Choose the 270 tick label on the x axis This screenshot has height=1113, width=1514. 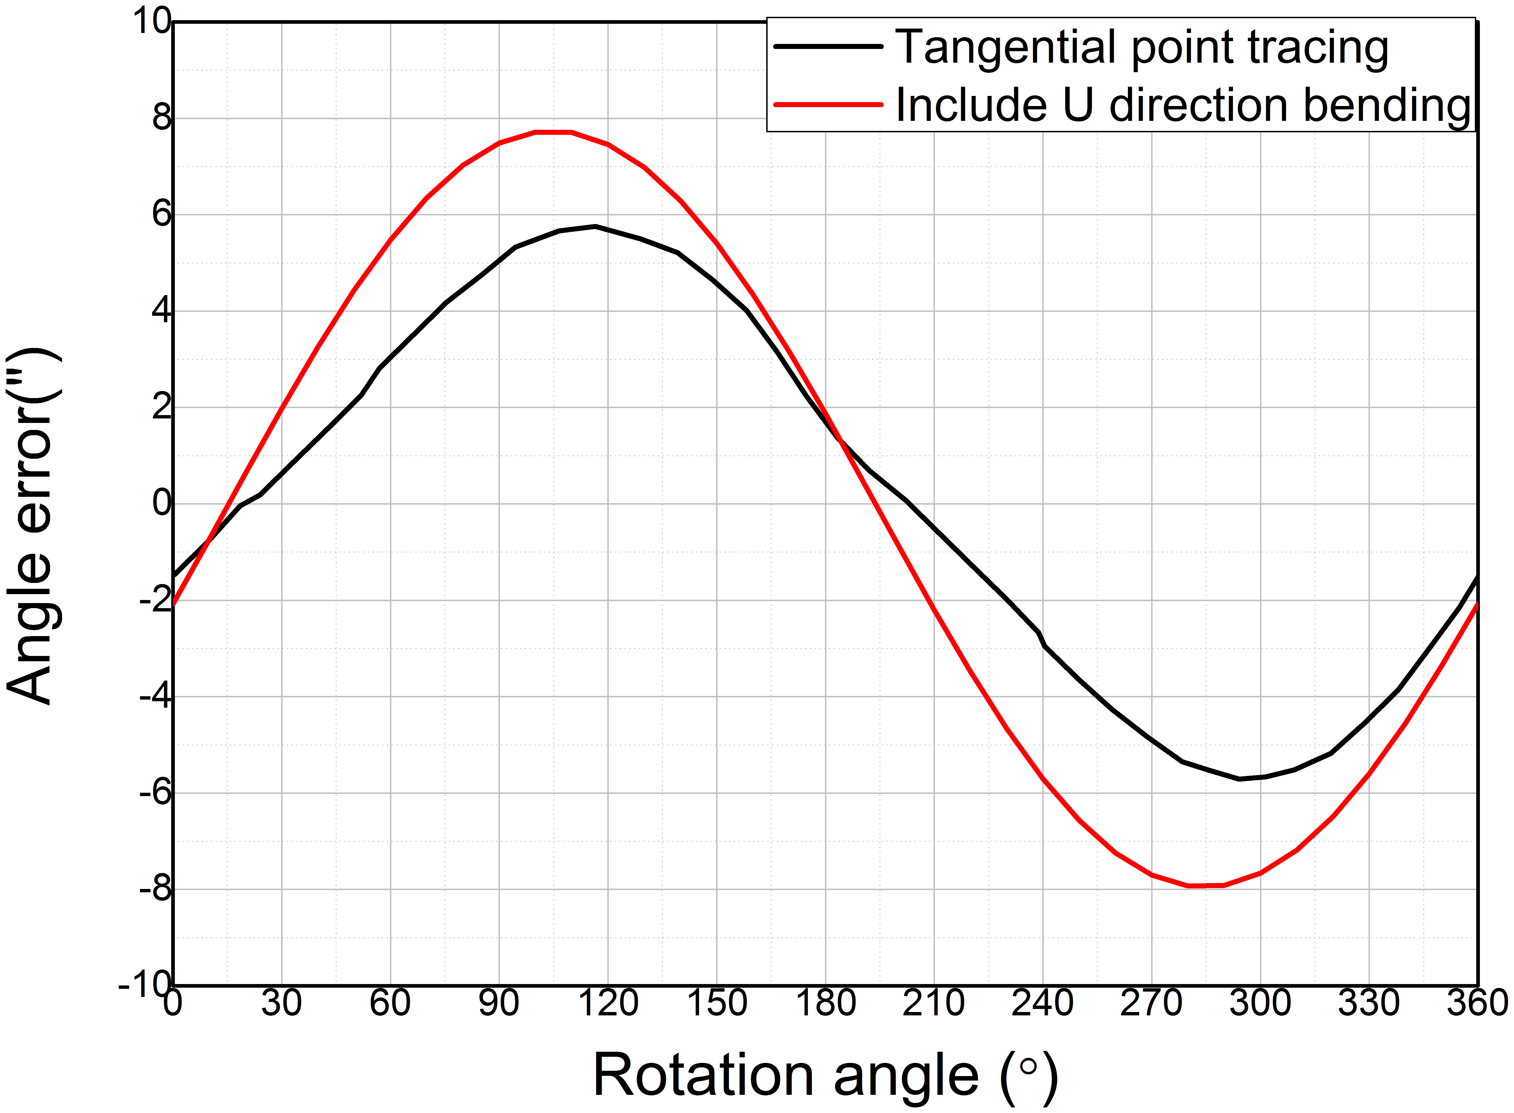[1151, 1003]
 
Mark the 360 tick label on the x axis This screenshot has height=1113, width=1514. [1477, 1003]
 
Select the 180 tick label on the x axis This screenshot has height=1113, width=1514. [825, 1003]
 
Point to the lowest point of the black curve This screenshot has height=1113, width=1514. [1240, 779]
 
